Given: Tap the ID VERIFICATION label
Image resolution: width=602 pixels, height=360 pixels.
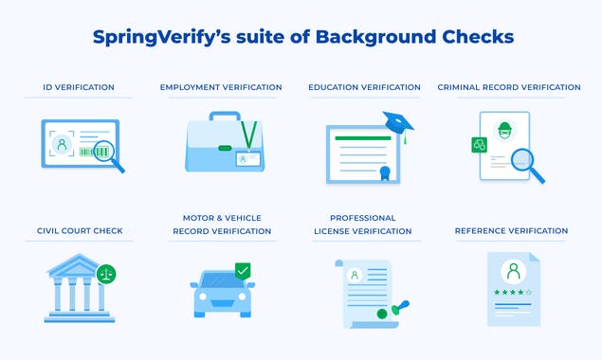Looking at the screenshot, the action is (80, 87).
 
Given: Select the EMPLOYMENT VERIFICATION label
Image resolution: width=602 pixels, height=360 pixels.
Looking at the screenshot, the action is (221, 87).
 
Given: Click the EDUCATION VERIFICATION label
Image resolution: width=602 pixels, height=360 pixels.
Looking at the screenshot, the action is (364, 87).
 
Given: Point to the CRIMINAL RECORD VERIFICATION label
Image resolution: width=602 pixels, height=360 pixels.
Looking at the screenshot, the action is (509, 87).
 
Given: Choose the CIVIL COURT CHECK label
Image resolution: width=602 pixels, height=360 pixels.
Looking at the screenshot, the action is (80, 230).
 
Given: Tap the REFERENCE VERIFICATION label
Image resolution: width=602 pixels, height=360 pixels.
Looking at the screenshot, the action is (511, 230).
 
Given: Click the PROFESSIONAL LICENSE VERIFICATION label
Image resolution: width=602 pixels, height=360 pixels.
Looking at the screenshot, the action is (364, 224).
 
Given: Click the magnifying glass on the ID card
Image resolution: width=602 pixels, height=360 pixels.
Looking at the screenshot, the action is (101, 153).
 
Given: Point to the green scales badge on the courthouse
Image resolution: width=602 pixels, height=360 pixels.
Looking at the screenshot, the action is (106, 274).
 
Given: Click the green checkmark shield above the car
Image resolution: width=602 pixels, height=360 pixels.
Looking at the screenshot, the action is (243, 271).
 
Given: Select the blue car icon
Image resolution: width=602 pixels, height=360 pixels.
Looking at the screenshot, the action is (224, 295).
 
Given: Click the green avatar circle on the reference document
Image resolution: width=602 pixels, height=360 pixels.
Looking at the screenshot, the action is (513, 272).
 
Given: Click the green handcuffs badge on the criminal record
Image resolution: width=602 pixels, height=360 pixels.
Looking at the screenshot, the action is (479, 144).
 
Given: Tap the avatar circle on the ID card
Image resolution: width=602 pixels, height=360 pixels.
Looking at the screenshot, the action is (62, 145).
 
